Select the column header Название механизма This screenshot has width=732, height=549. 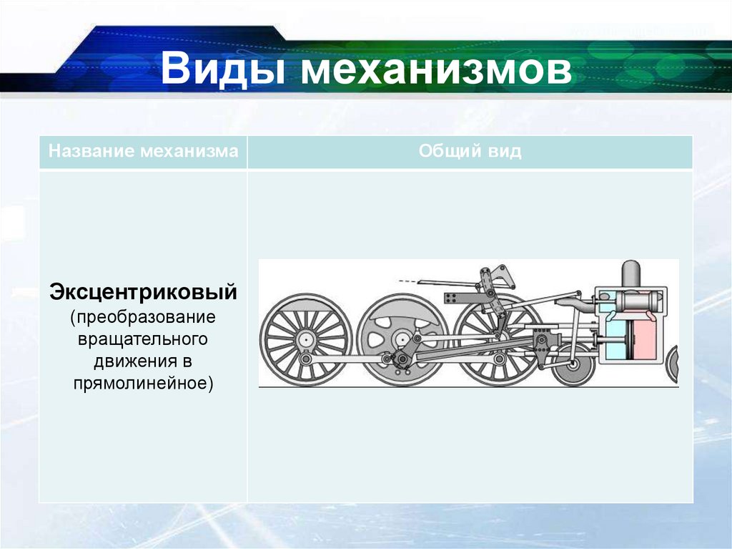pyautogui.click(x=143, y=152)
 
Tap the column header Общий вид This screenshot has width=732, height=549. pyautogui.click(x=470, y=152)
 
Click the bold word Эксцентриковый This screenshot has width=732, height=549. pyautogui.click(x=143, y=293)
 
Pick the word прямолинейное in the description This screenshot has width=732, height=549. pyautogui.click(x=143, y=383)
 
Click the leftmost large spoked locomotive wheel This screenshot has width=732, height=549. pyautogui.click(x=305, y=339)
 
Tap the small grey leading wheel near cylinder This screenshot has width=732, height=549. pyautogui.click(x=574, y=363)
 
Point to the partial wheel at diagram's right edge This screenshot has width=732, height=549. pyautogui.click(x=673, y=364)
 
